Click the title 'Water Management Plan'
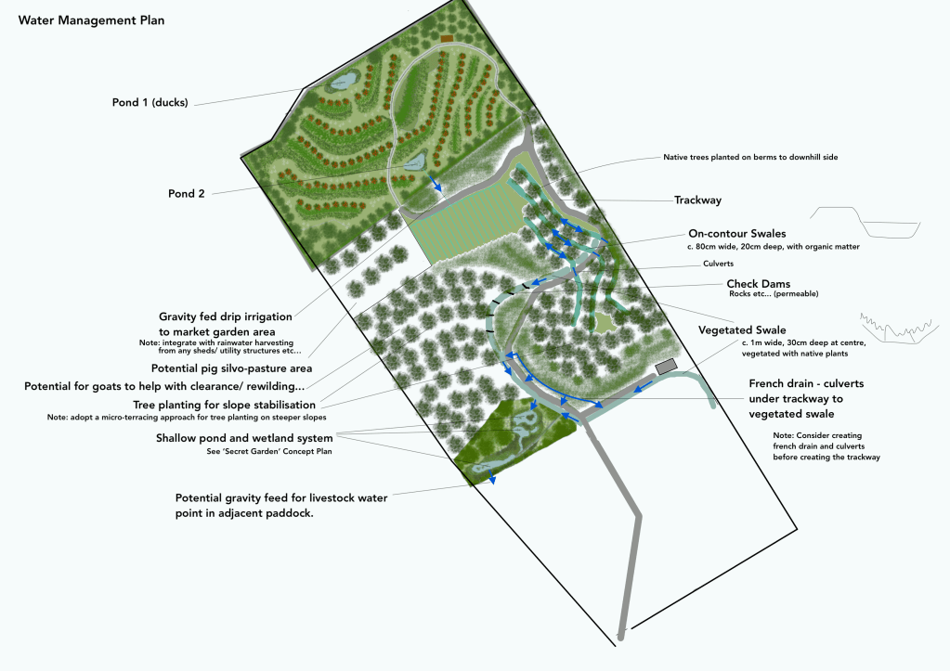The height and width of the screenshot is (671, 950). point(91,20)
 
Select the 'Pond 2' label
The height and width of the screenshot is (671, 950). point(187,194)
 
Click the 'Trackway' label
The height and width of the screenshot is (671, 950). point(696,200)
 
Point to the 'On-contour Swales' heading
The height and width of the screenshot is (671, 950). point(736,233)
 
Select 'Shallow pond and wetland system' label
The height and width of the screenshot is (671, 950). point(245,438)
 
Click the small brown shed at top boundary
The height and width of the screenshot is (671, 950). point(448,38)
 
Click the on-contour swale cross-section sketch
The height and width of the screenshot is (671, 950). point(865,223)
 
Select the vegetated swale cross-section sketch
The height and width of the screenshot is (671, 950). point(893,325)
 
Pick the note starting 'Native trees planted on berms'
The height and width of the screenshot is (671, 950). point(750,158)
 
